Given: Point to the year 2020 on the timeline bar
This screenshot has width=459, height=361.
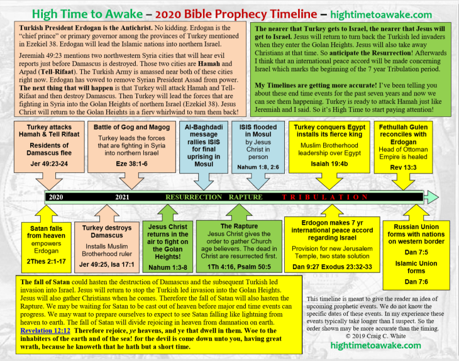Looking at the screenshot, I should [57, 197].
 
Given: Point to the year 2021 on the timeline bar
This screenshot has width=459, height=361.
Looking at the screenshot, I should [123, 197].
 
